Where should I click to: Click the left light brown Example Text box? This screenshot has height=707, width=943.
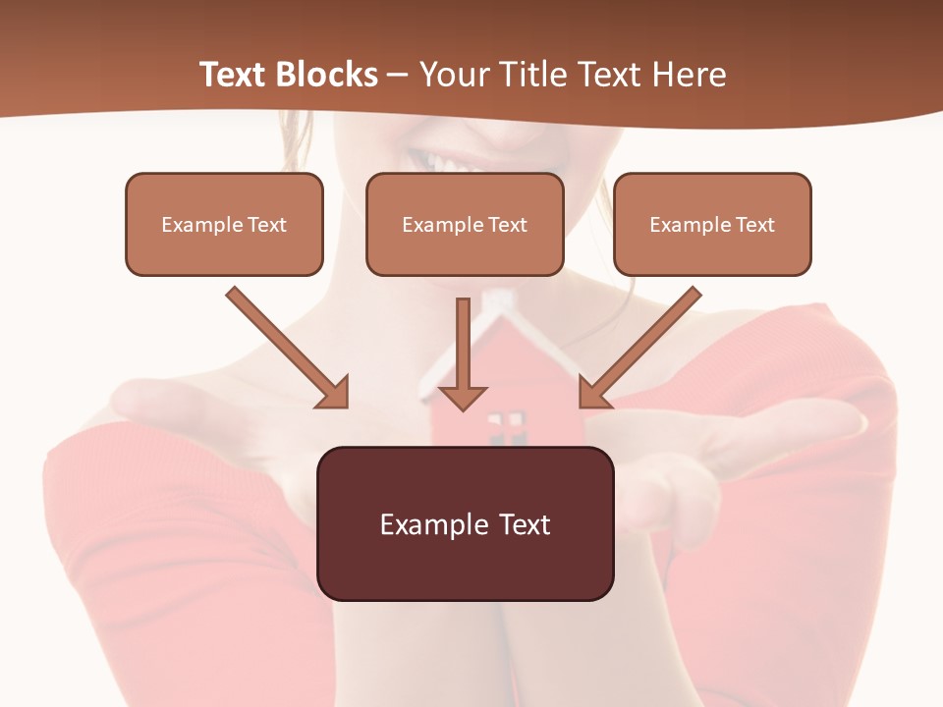click(x=224, y=224)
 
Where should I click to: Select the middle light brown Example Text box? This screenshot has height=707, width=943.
click(x=465, y=224)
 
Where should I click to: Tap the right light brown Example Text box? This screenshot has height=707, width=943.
click(x=712, y=224)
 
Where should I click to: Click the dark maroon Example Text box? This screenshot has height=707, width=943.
click(x=465, y=523)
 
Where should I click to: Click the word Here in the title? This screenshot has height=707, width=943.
click(x=692, y=75)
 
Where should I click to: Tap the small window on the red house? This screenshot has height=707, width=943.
click(x=506, y=424)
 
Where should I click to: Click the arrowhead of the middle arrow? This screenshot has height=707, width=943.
click(x=462, y=397)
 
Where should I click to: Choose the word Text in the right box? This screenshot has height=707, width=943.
click(x=754, y=224)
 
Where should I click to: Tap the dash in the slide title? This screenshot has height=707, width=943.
click(x=398, y=75)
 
